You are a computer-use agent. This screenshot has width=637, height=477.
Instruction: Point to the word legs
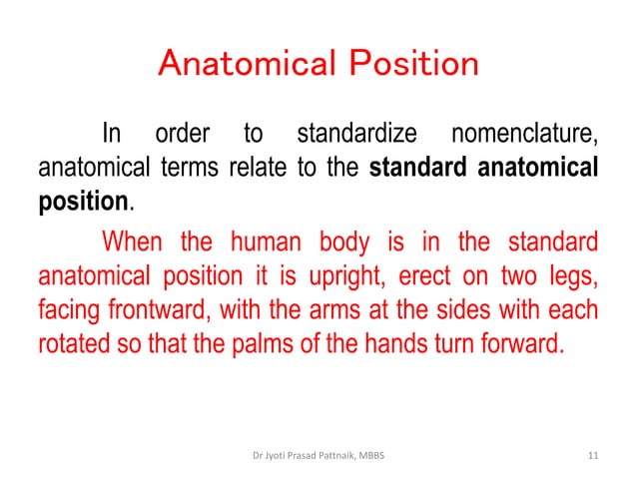click(x=573, y=275)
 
